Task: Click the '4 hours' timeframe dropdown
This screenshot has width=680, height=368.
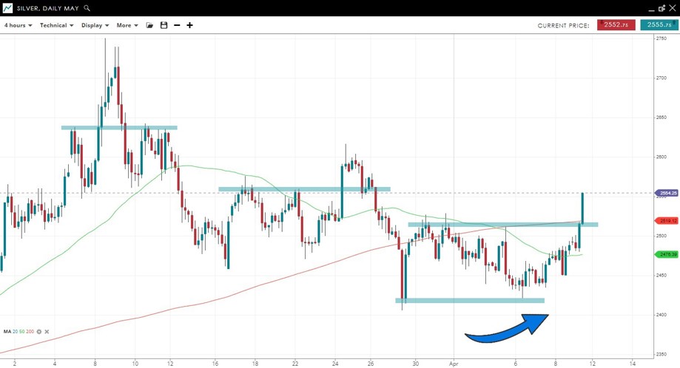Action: pos(18,25)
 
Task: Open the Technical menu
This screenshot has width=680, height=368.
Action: pos(56,25)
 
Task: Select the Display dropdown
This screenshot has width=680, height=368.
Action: pos(95,25)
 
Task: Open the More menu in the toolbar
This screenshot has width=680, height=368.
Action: pos(127,25)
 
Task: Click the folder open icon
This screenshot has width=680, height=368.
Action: pos(149,25)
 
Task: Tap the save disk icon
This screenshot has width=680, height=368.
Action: pos(164,25)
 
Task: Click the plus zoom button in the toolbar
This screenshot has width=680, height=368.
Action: pos(189,25)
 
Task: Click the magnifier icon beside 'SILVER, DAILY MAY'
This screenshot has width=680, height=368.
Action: pos(87,8)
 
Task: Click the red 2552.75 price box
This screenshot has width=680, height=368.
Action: pos(616,25)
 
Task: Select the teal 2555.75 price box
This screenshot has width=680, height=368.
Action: pos(659,25)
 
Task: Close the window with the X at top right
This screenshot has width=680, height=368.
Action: pos(672,8)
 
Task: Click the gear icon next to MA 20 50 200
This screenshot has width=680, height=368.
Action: pos(39,332)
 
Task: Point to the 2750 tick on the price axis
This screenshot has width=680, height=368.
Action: pos(662,38)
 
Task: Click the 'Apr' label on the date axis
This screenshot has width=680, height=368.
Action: pos(454,363)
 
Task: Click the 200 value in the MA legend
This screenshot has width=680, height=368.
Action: pos(30,332)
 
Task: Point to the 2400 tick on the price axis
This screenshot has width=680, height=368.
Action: pos(662,315)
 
